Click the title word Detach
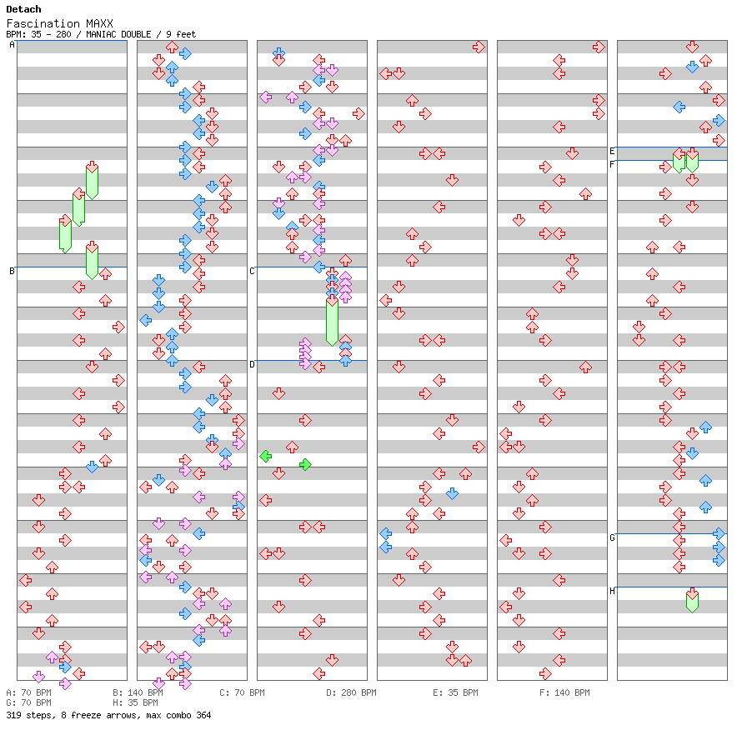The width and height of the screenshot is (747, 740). (23, 9)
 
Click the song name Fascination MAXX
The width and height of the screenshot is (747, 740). (59, 23)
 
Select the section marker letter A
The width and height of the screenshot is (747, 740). (12, 45)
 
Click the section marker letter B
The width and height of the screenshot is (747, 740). (12, 271)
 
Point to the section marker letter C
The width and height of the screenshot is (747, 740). (252, 271)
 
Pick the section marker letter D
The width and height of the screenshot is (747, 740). (252, 364)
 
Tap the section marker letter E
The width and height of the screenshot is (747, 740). (612, 152)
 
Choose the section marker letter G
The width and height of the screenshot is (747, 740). (612, 537)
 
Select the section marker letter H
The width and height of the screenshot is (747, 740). (612, 591)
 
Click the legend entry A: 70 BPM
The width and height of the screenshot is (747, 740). (28, 692)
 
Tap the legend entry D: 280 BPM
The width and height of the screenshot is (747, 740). (351, 692)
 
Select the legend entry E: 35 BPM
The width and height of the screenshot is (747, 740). (455, 692)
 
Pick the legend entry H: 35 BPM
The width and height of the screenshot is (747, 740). (135, 702)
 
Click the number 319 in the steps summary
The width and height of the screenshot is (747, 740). (14, 715)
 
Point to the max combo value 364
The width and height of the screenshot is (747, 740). (203, 715)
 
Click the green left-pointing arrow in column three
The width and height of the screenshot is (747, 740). (266, 456)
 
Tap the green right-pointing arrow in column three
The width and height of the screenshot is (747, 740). (305, 464)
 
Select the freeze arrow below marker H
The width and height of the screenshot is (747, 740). (692, 601)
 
